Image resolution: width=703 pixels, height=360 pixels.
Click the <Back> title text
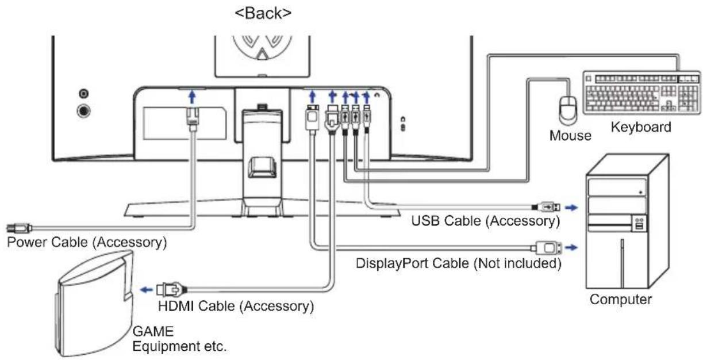pyautogui.click(x=263, y=13)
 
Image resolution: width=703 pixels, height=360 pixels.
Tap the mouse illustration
pyautogui.click(x=568, y=110)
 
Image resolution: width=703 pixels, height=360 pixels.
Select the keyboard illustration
pyautogui.click(x=641, y=93)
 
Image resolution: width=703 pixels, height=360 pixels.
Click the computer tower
pyautogui.click(x=627, y=221)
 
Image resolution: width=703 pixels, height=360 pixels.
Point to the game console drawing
pyautogui.click(x=94, y=304)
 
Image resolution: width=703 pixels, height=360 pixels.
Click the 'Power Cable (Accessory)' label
pyautogui.click(x=87, y=242)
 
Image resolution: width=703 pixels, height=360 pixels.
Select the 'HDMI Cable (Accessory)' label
pyautogui.click(x=236, y=306)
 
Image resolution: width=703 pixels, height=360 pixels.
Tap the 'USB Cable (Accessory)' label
pyautogui.click(x=486, y=221)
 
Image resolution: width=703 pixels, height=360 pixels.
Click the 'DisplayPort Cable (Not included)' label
pyautogui.click(x=459, y=263)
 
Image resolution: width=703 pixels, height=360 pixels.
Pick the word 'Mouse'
pyautogui.click(x=570, y=136)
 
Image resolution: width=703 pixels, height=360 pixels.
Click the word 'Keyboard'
pyautogui.click(x=641, y=127)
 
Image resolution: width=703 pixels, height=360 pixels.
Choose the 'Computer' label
pyautogui.click(x=620, y=299)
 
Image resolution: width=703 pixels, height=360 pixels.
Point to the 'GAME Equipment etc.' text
pyautogui.click(x=179, y=339)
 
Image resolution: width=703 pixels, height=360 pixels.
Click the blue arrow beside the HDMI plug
pyautogui.click(x=146, y=290)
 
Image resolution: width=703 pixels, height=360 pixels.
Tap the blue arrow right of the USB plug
pyautogui.click(x=571, y=208)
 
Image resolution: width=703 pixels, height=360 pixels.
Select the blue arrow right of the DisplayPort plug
pyautogui.click(x=571, y=248)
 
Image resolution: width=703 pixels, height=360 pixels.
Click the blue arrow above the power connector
pyautogui.click(x=192, y=97)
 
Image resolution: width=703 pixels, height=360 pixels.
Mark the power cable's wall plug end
pyautogui.click(x=19, y=228)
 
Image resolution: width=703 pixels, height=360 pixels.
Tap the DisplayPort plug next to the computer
pyautogui.click(x=547, y=248)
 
